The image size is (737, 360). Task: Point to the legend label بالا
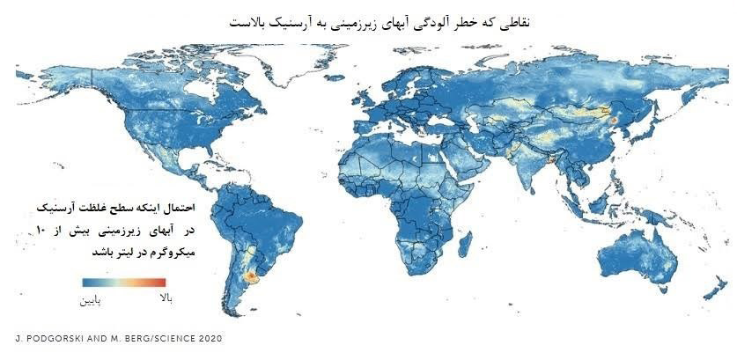164,300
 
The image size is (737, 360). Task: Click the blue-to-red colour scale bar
122,283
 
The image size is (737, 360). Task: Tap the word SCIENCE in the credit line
168,339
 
